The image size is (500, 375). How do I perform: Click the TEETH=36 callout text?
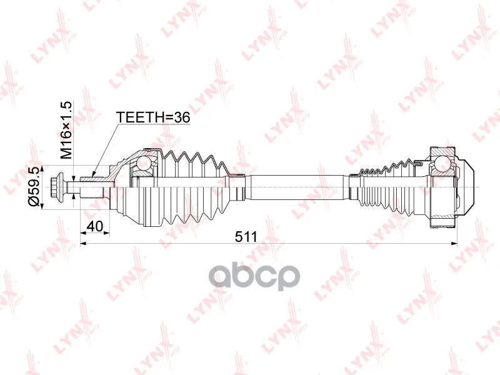coord(153,117)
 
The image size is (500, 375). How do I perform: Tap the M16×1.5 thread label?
coord(67,130)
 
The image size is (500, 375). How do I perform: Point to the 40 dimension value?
coord(95,226)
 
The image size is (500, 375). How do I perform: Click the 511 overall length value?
coord(246,237)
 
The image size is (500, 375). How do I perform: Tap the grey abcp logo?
coord(254,276)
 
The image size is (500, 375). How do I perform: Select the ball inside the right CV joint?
coord(442,162)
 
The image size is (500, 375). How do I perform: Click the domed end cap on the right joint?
coord(466,187)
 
